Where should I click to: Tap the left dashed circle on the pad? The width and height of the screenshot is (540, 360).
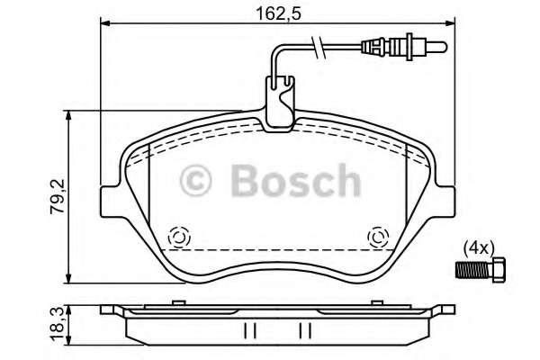177,238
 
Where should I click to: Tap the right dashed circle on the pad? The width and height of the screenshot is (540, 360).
378,238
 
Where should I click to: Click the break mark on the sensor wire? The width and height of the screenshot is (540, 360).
317,46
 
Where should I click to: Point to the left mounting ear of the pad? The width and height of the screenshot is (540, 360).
110,201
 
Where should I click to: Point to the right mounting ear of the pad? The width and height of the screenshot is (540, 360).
445,201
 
